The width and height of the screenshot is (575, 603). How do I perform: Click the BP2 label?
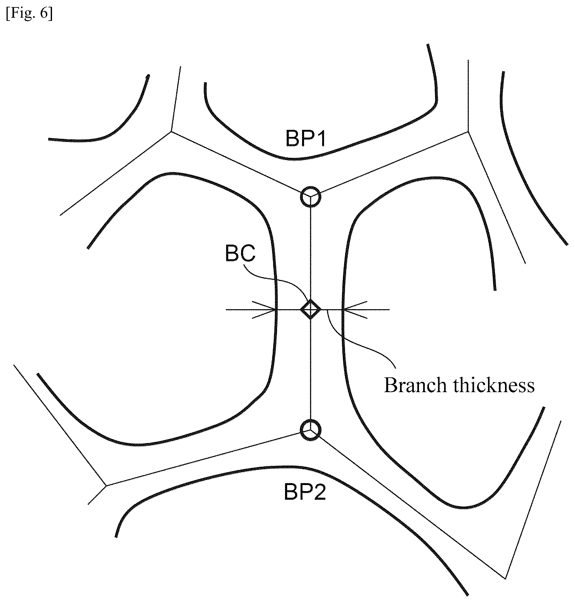[x=305, y=492]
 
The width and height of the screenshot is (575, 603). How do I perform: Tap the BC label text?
[x=240, y=254]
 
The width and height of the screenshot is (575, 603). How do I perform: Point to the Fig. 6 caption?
[x=29, y=15]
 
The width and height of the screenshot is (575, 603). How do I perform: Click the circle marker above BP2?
[x=310, y=430]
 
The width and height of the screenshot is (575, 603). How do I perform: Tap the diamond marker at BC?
[x=310, y=310]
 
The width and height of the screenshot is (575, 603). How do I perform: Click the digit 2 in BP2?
[x=320, y=492]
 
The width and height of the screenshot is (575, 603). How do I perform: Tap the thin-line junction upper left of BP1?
[x=171, y=131]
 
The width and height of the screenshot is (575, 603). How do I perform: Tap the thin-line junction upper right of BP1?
[x=468, y=131]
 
